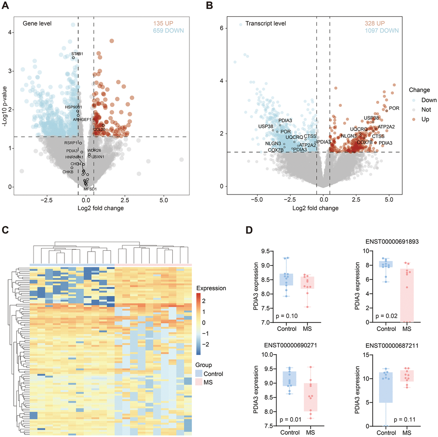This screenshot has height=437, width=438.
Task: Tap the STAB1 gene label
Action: tap(77, 54)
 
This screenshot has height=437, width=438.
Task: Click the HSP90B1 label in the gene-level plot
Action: tap(73, 106)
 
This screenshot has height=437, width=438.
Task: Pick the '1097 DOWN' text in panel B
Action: tap(378, 30)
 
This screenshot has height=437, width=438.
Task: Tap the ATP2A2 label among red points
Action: tap(386, 127)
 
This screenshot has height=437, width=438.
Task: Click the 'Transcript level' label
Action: tap(265, 24)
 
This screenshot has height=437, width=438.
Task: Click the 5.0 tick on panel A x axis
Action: tap(164, 200)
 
